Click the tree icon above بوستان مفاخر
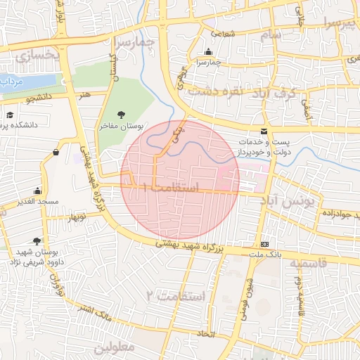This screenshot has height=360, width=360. (x=122, y=115)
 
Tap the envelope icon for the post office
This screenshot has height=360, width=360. (x=264, y=131)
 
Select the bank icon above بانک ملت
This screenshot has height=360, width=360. (x=264, y=243)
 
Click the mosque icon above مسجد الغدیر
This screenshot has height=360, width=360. (x=37, y=191)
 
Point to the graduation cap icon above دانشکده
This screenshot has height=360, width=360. (x=10, y=115)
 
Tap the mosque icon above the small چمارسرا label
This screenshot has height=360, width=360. (x=208, y=52)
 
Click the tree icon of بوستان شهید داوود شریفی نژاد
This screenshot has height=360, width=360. (x=37, y=241)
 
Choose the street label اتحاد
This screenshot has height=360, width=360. (x=206, y=333)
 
